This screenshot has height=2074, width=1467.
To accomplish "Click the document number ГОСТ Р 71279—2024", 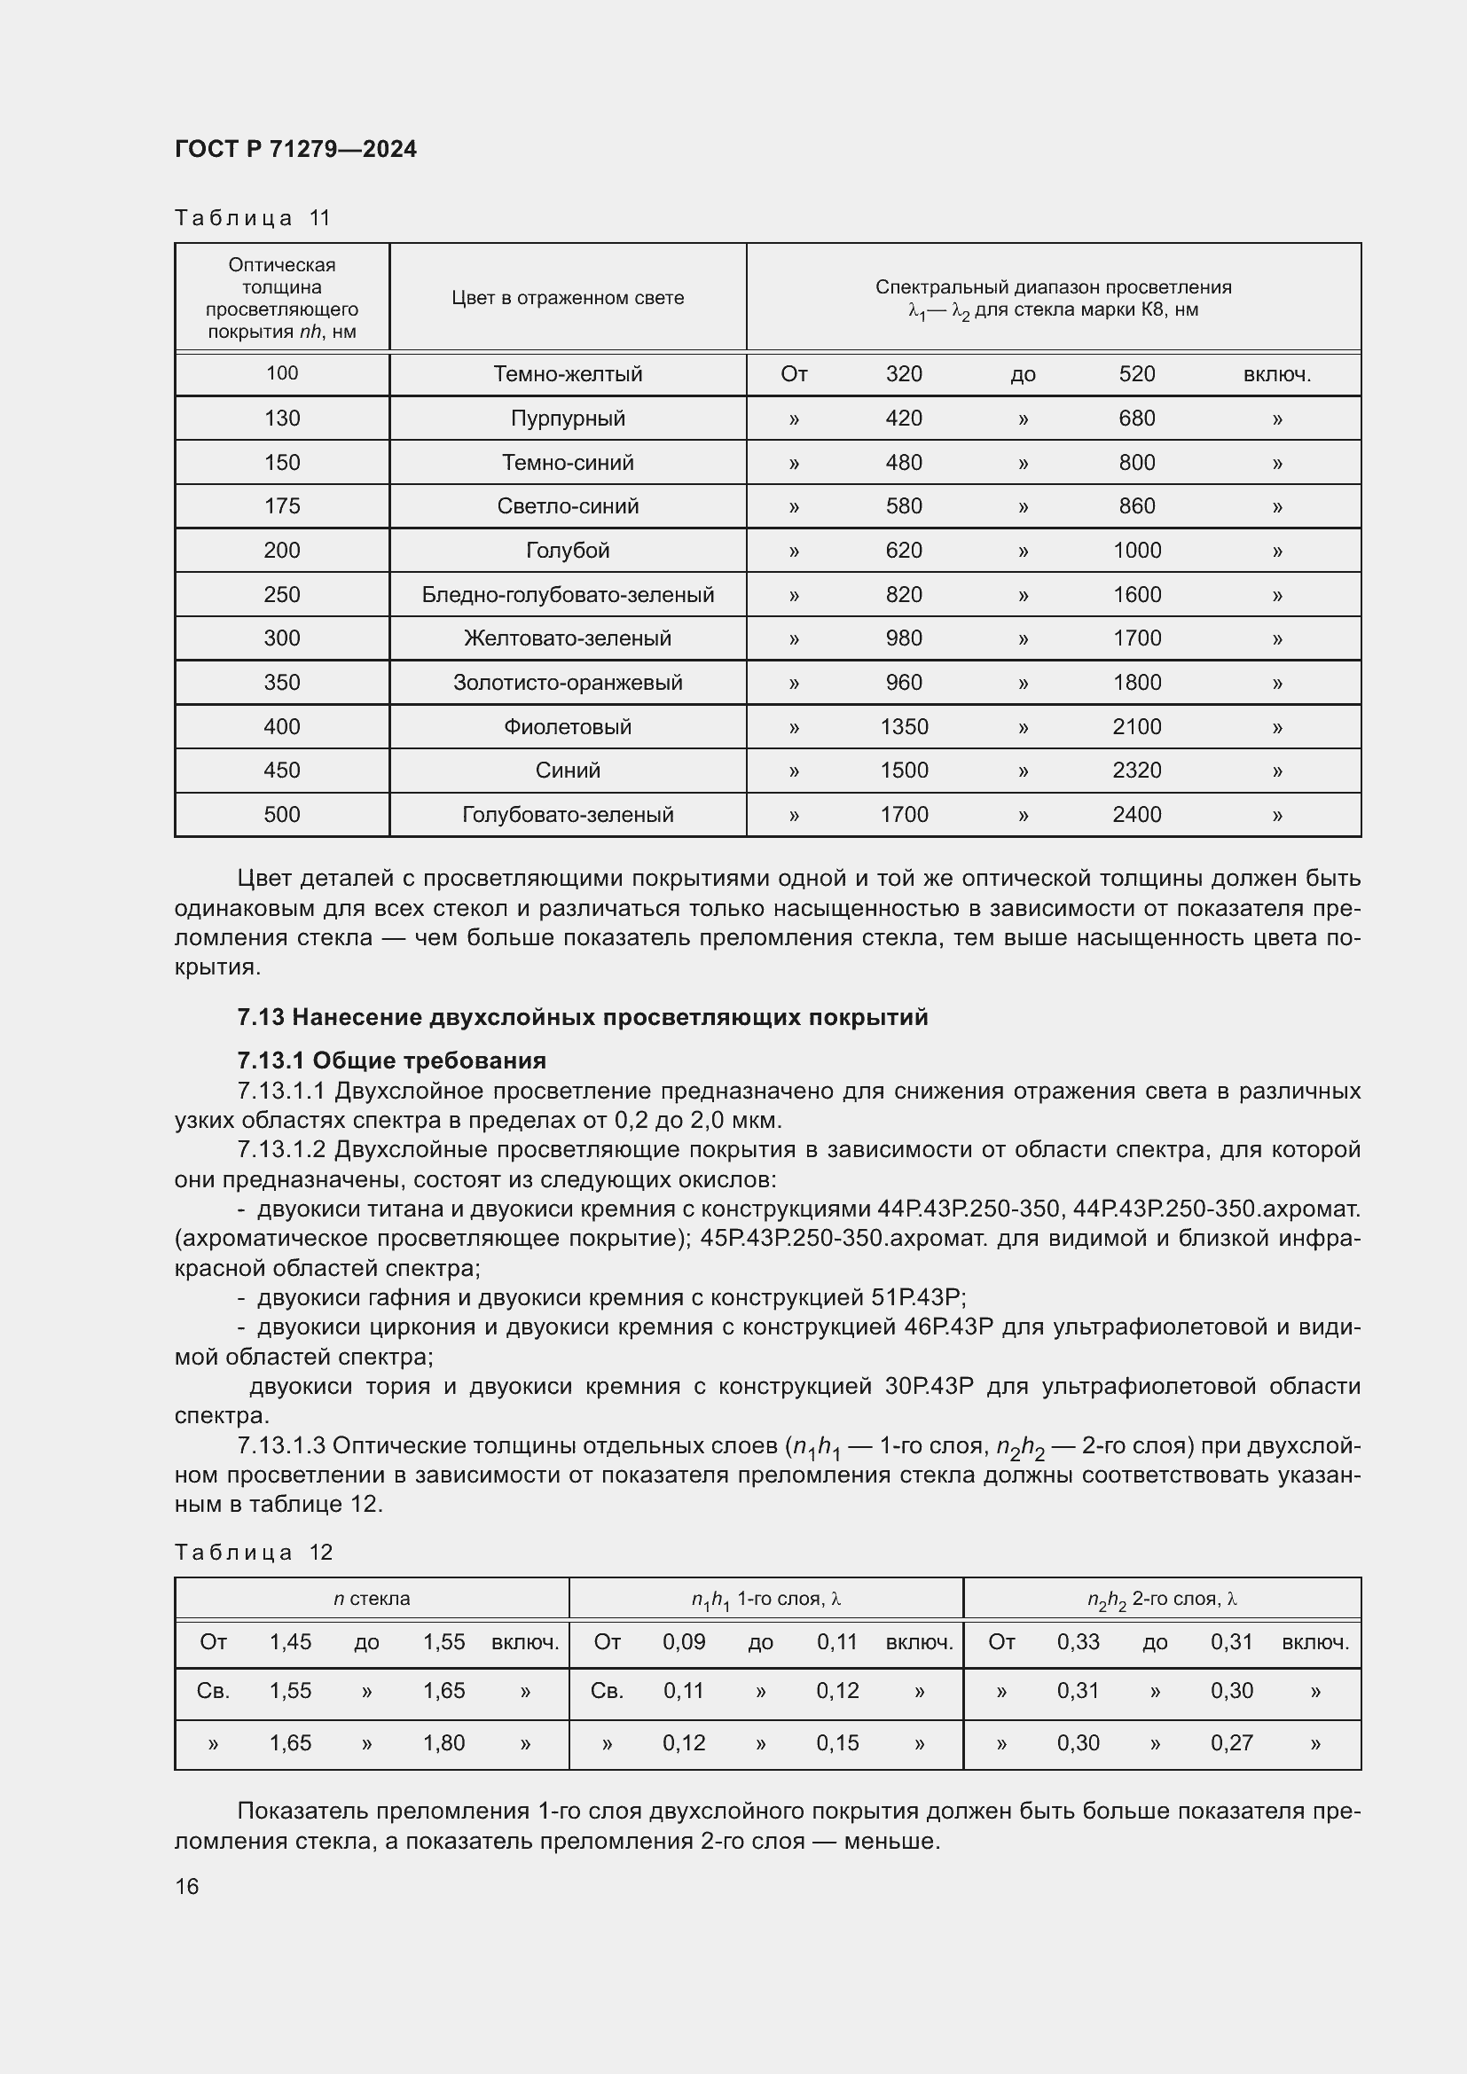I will (295, 149).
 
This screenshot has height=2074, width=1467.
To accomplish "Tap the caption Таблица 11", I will (253, 218).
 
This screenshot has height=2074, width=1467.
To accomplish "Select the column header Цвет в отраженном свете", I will (568, 298).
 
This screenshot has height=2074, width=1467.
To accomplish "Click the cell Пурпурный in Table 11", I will (568, 419).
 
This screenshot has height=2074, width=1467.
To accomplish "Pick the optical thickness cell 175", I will (282, 505).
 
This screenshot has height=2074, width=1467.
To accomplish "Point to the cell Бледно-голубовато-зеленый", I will (568, 594).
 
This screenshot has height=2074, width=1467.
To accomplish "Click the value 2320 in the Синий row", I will (1136, 771).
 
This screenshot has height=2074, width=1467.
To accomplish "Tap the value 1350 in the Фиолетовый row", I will (903, 726).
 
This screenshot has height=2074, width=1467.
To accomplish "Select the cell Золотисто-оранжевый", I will (568, 682).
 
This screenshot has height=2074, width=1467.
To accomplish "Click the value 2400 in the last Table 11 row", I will (1136, 815).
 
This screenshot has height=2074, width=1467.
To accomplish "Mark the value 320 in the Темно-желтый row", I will (903, 374).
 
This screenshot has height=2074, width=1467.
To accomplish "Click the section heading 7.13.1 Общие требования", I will (391, 1060).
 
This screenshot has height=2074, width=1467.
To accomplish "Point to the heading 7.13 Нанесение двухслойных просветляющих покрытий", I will (582, 1017).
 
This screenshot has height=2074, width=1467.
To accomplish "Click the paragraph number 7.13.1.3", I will (281, 1446).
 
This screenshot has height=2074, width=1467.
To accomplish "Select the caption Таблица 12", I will (254, 1552).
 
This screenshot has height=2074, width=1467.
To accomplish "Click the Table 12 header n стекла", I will (372, 1598).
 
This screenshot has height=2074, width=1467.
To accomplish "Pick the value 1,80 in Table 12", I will (443, 1742).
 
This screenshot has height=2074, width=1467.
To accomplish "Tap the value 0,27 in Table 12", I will (1231, 1742).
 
